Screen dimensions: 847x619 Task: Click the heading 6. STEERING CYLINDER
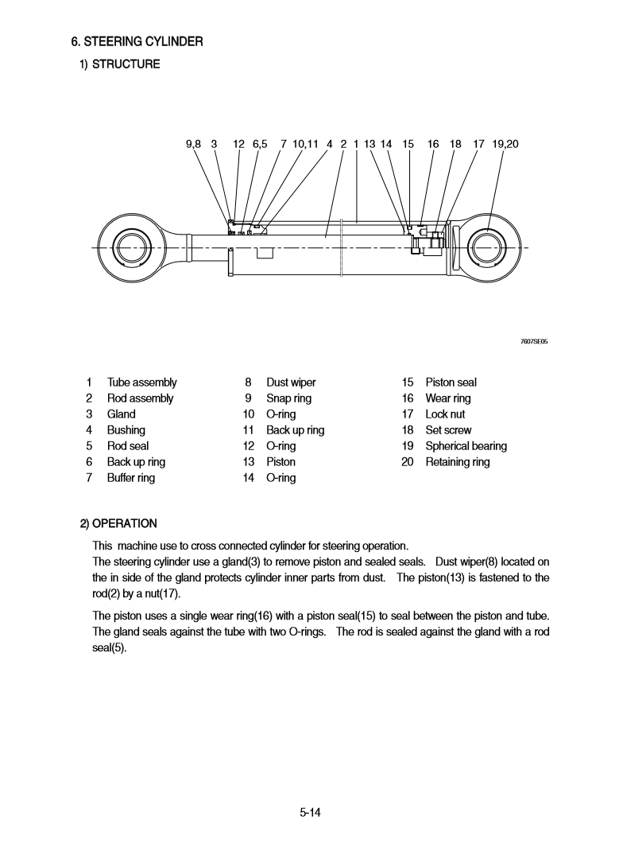coord(137,41)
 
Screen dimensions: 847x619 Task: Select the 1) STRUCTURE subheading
coord(119,64)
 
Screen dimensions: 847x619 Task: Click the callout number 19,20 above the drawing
coord(505,144)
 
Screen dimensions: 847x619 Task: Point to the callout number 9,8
coord(193,144)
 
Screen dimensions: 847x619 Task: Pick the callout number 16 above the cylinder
coord(433,144)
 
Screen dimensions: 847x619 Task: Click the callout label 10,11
coord(305,144)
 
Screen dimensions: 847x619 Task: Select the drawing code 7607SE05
coord(534,342)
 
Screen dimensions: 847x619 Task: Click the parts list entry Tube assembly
coord(141,383)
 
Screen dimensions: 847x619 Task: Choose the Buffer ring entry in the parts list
coord(131,478)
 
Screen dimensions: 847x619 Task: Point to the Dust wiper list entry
coord(291,383)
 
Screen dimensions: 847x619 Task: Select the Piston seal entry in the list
coord(451,383)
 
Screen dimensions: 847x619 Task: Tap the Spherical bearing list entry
coord(466,446)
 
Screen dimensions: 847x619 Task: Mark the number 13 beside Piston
coord(249,462)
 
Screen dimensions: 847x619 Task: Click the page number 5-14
coord(309,813)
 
